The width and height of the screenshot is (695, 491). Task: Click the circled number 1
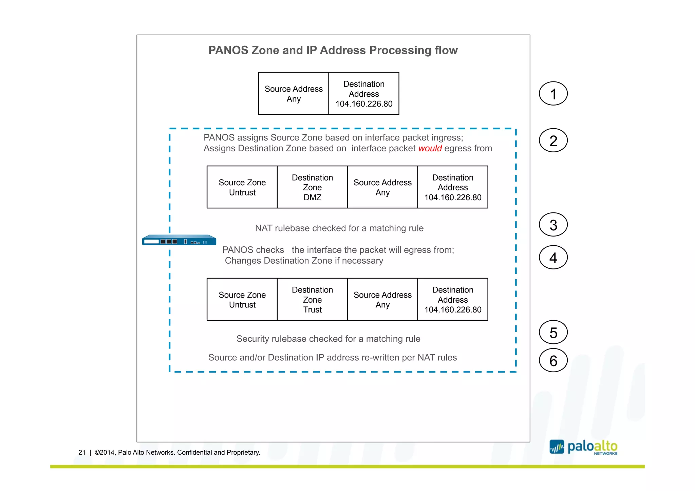[x=553, y=94]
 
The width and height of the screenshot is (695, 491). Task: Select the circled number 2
[x=553, y=140]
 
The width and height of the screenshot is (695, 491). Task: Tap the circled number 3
[x=553, y=225]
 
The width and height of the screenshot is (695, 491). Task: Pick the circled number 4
[x=553, y=258]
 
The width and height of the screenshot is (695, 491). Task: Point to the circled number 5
[x=553, y=333]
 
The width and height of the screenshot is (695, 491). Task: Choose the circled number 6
[x=553, y=360]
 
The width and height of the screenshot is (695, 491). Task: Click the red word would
[x=430, y=148]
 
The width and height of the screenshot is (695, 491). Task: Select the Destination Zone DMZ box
[x=312, y=187]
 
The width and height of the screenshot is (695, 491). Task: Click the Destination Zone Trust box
[x=312, y=300]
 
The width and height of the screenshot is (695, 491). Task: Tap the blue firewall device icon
[x=179, y=240]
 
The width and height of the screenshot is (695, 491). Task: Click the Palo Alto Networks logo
[x=583, y=447]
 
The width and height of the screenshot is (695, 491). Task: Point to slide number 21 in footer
[x=82, y=452]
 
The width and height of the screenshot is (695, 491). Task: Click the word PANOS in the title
[x=228, y=50]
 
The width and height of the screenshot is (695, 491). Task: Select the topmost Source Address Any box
[x=294, y=94]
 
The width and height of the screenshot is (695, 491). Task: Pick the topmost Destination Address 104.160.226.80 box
[x=364, y=94]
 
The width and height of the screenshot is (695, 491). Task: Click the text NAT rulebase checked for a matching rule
[x=339, y=228]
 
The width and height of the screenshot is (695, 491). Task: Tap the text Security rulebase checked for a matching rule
[x=328, y=339]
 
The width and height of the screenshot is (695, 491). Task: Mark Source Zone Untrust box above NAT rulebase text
[x=242, y=187]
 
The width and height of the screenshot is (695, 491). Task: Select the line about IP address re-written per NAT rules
[x=332, y=357]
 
